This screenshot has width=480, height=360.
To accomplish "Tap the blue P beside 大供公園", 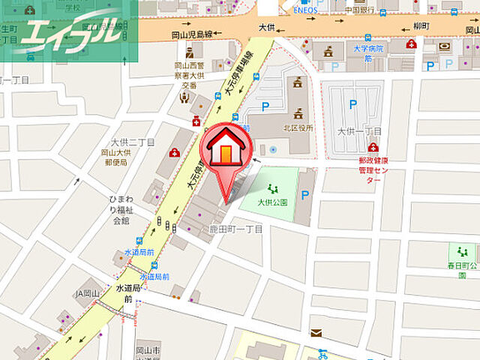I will [304, 195].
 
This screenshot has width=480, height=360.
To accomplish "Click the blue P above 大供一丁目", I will [355, 106].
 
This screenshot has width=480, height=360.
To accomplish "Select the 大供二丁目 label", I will [133, 142].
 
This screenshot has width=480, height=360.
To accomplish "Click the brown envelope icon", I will [316, 332].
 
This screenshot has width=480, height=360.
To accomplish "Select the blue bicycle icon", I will [323, 352].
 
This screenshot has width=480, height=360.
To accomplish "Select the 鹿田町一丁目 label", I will [235, 229].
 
